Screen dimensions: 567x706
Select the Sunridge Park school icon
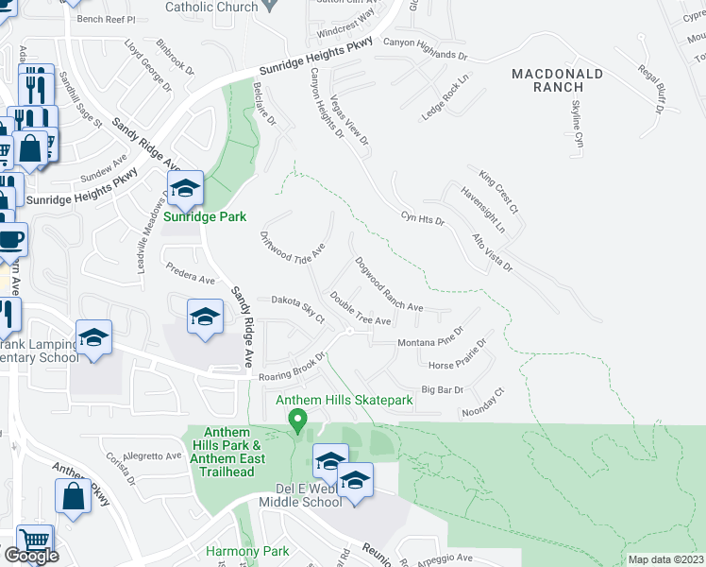click(x=186, y=189)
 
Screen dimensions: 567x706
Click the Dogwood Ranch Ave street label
click(x=389, y=284)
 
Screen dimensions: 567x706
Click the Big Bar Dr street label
click(x=443, y=389)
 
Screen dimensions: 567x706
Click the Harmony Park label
click(x=247, y=551)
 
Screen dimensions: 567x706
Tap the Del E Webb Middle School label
click(x=308, y=495)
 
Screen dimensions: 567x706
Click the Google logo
click(x=31, y=556)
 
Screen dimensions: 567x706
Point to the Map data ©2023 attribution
click(x=665, y=559)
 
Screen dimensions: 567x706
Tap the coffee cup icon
click(x=10, y=239)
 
